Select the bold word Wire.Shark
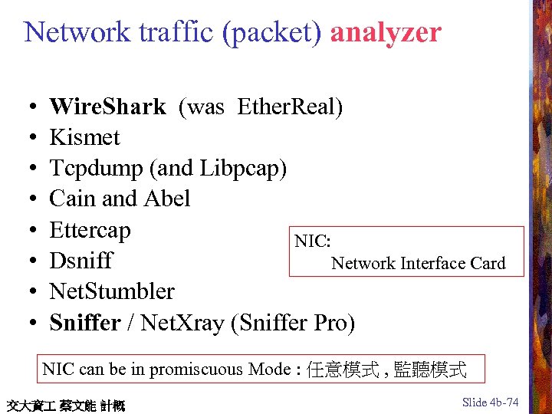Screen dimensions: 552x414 pyautogui.click(x=107, y=107)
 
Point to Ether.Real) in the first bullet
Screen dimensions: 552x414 pyautogui.click(x=291, y=107)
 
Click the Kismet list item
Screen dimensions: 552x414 pyautogui.click(x=84, y=137)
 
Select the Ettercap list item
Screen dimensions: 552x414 pyautogui.click(x=90, y=230)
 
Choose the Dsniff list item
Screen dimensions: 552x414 pyautogui.click(x=80, y=261)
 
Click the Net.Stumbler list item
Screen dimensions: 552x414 pyautogui.click(x=112, y=291)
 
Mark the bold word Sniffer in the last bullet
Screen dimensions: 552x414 pyautogui.click(x=84, y=323)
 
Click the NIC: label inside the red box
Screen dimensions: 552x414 pyautogui.click(x=313, y=242)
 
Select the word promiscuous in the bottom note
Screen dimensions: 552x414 pyautogui.click(x=197, y=370)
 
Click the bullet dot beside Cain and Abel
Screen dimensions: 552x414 pyautogui.click(x=27, y=199)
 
